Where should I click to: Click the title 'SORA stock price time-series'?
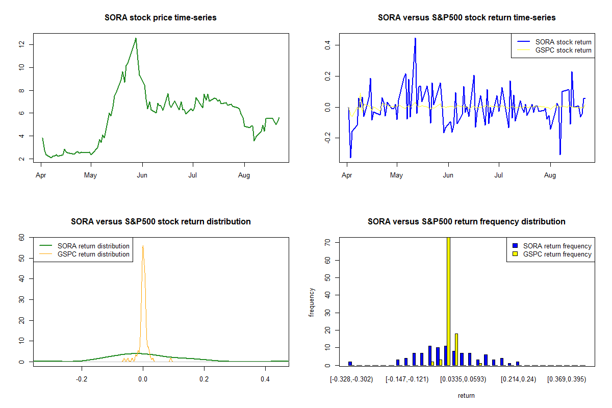pyautogui.click(x=161, y=18)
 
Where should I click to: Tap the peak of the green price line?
pyautogui.click(x=136, y=38)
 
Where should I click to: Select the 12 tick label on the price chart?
pyautogui.click(x=21, y=44)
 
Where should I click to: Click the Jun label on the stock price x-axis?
pyautogui.click(x=143, y=175)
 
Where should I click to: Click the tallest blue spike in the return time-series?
pyautogui.click(x=415, y=38)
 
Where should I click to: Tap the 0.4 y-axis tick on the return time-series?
pyautogui.click(x=327, y=45)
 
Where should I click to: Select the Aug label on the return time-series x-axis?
pyautogui.click(x=550, y=175)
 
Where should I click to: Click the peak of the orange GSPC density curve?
pyautogui.click(x=143, y=246)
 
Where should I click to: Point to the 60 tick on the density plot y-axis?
pyautogui.click(x=21, y=238)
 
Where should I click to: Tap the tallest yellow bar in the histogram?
pyautogui.click(x=448, y=301)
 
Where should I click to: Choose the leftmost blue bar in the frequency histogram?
pyautogui.click(x=350, y=364)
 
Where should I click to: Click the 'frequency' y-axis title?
pyautogui.click(x=312, y=302)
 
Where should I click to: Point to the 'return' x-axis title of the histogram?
pyautogui.click(x=466, y=395)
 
